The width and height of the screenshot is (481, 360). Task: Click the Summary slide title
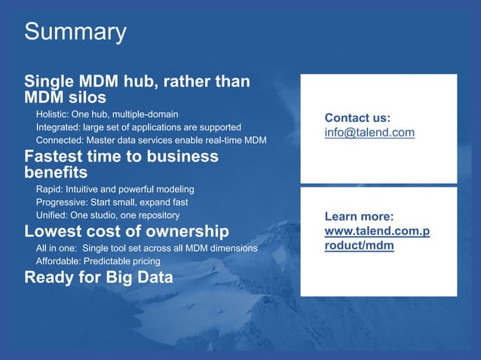tap(75, 32)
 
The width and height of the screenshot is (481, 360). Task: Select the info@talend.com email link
tap(369, 133)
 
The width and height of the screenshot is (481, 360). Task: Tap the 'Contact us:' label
tap(357, 117)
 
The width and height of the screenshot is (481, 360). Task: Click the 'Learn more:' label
tap(356, 216)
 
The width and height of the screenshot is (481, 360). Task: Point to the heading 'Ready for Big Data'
tap(99, 277)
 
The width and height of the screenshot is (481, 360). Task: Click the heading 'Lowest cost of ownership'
tap(126, 230)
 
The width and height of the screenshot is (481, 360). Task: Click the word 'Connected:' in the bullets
tap(60, 141)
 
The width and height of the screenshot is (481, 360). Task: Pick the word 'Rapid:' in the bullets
tap(50, 188)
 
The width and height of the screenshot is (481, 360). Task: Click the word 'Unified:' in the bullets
tap(53, 215)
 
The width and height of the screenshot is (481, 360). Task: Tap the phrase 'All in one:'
tap(58, 248)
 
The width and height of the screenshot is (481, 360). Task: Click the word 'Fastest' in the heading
tap(57, 157)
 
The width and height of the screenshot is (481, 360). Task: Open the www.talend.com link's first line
tap(377, 230)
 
